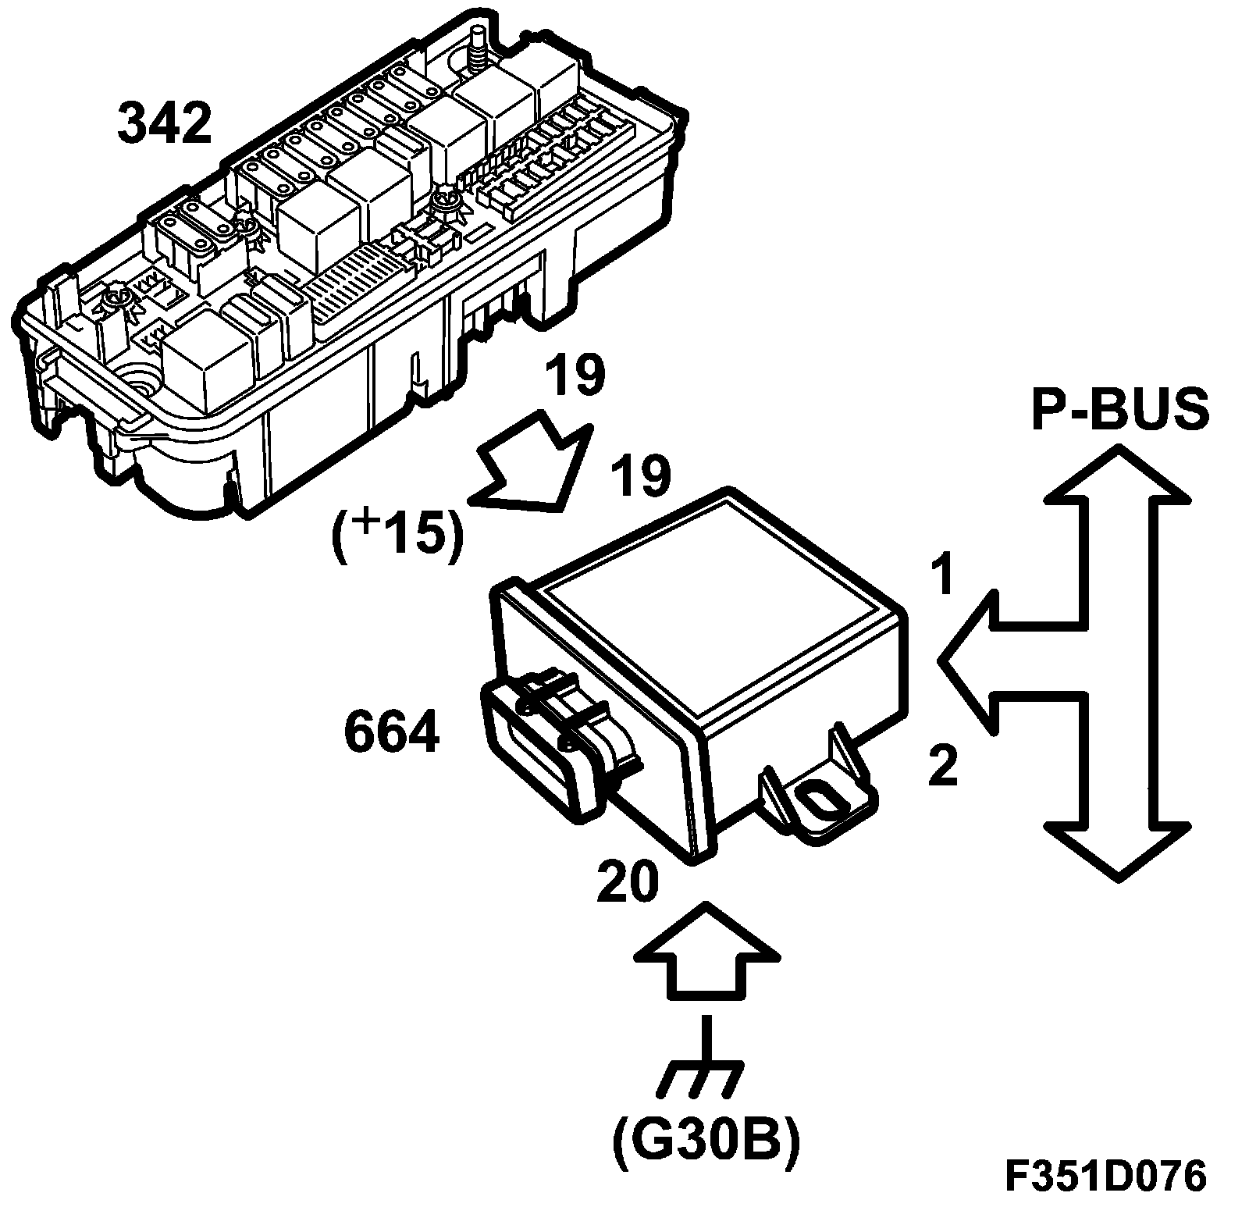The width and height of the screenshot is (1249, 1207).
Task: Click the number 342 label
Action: [x=165, y=124]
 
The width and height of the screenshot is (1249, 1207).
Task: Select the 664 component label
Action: [x=391, y=734]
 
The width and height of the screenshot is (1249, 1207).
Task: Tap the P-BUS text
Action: [x=1120, y=409]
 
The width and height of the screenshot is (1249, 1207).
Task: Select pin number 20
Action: [x=628, y=882]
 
